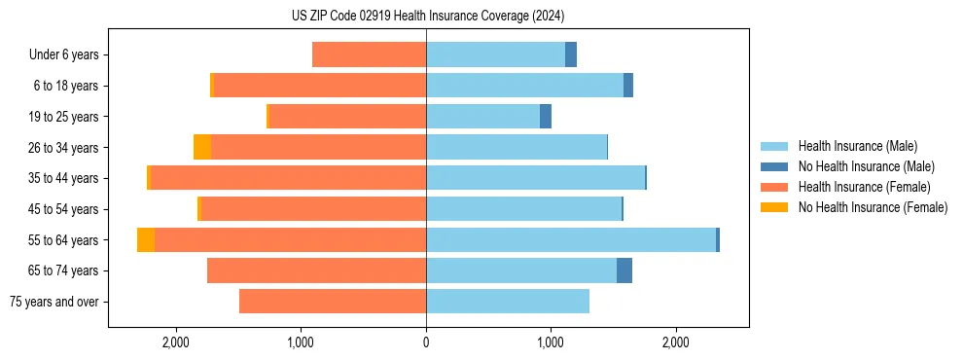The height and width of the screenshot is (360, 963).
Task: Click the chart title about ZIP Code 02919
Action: (x=428, y=16)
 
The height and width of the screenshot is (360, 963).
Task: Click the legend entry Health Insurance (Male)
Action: (x=857, y=146)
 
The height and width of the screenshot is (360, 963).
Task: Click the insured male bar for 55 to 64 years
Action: (x=571, y=240)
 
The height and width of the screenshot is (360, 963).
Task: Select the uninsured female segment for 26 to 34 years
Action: (x=202, y=148)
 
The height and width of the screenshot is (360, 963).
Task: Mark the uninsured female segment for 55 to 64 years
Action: (x=146, y=240)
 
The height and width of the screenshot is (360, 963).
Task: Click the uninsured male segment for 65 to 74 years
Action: (x=624, y=270)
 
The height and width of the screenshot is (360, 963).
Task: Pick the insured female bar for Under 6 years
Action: (x=369, y=55)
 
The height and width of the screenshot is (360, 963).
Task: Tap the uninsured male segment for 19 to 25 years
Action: (x=546, y=117)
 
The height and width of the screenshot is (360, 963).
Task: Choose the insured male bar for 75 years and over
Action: (x=508, y=302)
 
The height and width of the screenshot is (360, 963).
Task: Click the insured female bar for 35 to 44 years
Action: (x=288, y=178)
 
